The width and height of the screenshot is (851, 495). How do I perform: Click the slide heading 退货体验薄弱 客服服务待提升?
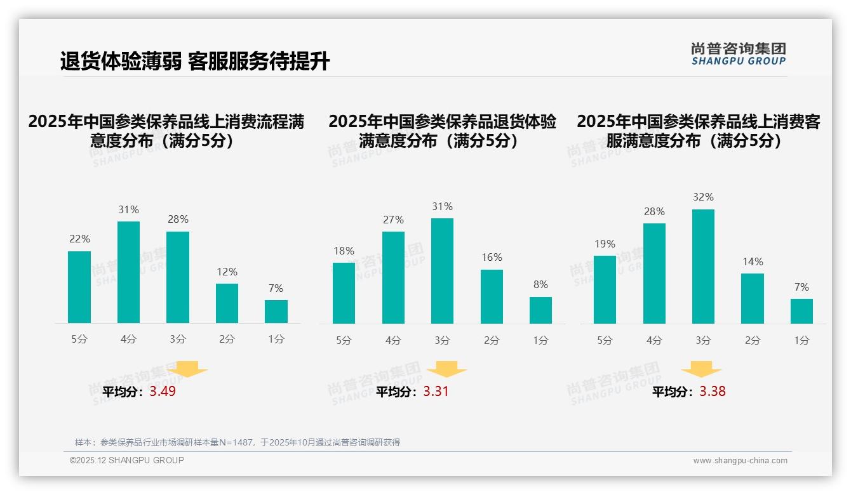(194, 62)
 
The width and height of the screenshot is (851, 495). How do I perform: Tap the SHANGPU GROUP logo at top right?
(738, 54)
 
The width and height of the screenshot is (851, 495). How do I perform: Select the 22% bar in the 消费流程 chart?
(79, 287)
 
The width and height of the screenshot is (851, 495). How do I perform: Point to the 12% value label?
(227, 272)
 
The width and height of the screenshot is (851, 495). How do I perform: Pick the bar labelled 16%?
(492, 296)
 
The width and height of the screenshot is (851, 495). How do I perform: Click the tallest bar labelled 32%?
(703, 267)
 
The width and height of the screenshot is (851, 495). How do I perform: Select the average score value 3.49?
(163, 392)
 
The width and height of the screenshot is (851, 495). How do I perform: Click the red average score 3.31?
(436, 392)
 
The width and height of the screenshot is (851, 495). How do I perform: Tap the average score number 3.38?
(712, 392)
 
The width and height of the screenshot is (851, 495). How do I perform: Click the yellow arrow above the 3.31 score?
(446, 369)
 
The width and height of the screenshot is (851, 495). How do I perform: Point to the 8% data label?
(540, 285)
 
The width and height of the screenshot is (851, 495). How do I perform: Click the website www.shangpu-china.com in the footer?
(740, 461)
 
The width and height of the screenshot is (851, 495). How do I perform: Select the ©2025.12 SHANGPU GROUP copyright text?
(126, 460)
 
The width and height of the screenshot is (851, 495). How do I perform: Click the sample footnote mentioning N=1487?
(238, 442)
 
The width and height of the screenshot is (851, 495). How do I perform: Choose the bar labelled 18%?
(344, 293)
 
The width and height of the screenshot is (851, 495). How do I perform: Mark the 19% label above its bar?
(605, 244)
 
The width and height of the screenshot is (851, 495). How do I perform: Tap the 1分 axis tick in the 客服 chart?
(801, 341)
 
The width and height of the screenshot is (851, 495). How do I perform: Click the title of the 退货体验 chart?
(442, 131)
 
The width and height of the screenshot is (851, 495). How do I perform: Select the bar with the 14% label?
(752, 298)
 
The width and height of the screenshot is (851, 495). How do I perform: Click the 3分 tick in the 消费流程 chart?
(178, 340)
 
